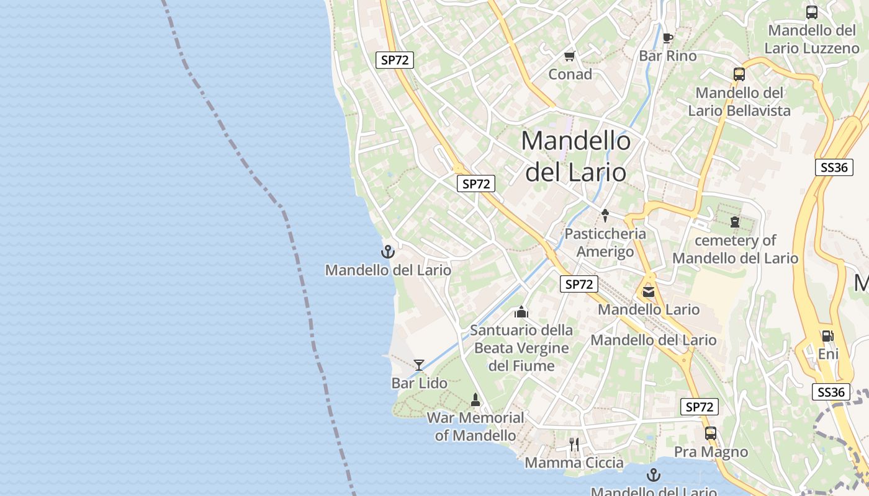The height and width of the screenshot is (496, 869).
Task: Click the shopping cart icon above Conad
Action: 569,56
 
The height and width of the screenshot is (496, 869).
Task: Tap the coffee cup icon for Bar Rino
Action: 668,38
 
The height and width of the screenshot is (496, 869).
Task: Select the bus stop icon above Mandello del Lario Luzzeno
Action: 811,12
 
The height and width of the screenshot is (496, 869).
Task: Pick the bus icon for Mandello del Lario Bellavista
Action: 739,74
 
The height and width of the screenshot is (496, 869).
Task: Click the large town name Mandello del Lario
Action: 575,156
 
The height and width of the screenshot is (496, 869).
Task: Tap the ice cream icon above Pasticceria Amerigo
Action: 605,216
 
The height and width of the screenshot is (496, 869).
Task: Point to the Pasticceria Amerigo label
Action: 605,242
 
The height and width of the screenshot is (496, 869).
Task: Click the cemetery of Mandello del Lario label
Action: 735,249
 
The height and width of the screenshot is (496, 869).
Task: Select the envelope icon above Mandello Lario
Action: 649,291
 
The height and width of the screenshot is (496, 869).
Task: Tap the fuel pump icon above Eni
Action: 827,336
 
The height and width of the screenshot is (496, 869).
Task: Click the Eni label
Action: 828,354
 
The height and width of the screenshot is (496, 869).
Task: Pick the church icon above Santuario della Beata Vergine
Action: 521,312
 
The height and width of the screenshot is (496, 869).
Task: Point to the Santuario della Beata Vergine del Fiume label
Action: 521,348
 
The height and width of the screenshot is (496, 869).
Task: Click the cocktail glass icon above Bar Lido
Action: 420,365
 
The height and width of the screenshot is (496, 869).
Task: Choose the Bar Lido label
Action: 420,383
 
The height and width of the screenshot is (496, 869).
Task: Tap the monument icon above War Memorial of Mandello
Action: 475,400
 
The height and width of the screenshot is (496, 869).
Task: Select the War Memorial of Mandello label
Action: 475,427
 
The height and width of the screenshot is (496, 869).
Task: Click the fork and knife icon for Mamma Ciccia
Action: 574,445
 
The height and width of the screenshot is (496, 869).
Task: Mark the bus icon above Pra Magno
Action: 711,433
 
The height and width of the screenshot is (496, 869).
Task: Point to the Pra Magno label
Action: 711,452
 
